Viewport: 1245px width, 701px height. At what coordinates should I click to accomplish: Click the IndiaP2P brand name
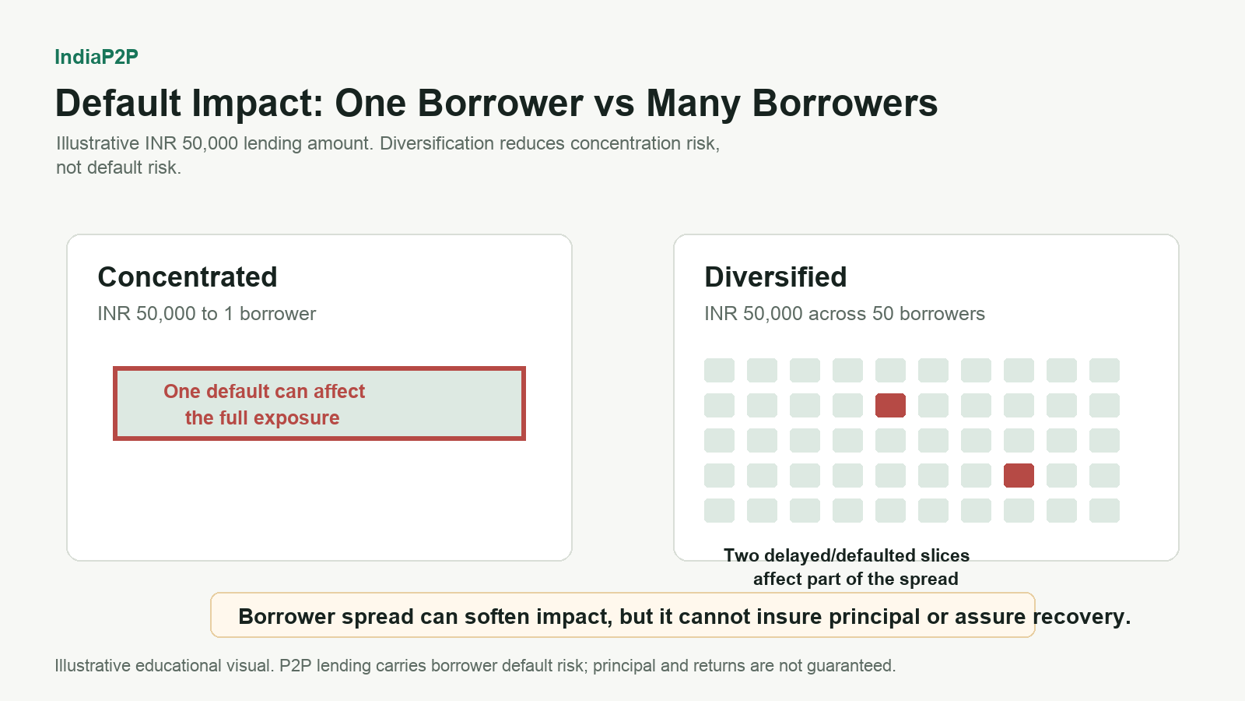pyautogui.click(x=96, y=57)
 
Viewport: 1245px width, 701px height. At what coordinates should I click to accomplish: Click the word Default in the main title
pyautogui.click(x=117, y=104)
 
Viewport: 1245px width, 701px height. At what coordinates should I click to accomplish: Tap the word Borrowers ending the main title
pyautogui.click(x=845, y=104)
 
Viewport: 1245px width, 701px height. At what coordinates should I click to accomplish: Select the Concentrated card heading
pyautogui.click(x=188, y=277)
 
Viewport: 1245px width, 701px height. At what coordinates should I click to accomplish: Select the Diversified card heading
pyautogui.click(x=775, y=277)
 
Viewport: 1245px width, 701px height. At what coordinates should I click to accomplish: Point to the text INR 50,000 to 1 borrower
pyautogui.click(x=207, y=314)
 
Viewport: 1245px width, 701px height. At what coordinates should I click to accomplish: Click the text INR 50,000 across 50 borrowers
pyautogui.click(x=844, y=314)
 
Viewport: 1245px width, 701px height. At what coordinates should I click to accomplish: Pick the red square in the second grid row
pyautogui.click(x=890, y=405)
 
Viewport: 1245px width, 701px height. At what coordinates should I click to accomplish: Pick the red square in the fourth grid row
pyautogui.click(x=1019, y=475)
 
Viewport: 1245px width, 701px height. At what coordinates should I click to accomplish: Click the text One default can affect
pyautogui.click(x=264, y=391)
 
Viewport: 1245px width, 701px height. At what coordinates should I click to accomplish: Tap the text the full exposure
pyautogui.click(x=262, y=417)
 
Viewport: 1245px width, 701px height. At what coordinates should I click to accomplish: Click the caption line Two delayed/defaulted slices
pyautogui.click(x=847, y=555)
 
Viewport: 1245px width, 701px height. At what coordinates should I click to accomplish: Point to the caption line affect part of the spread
pyautogui.click(x=855, y=579)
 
